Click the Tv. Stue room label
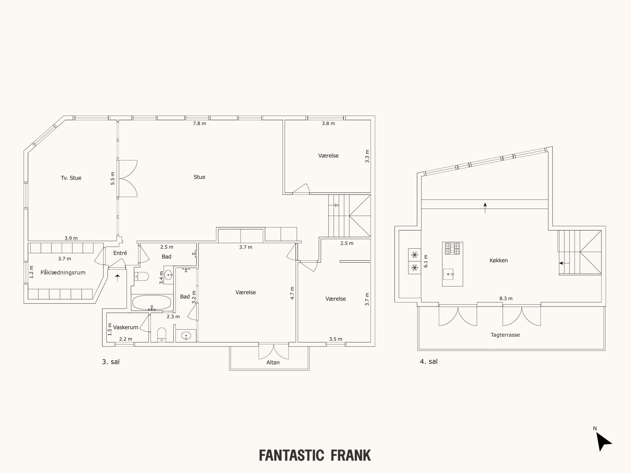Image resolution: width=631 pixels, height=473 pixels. click(71, 178)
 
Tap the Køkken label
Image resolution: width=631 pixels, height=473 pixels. click(498, 260)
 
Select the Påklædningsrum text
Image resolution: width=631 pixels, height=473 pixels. click(63, 273)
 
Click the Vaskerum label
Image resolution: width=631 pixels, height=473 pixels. click(125, 327)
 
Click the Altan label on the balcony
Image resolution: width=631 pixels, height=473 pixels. click(273, 362)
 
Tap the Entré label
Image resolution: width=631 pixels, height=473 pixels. click(120, 253)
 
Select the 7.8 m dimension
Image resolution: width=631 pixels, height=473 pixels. click(199, 123)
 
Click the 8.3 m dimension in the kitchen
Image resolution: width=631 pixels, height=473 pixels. click(506, 298)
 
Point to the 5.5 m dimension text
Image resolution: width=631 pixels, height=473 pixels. click(113, 178)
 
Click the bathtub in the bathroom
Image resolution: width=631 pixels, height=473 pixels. click(152, 302)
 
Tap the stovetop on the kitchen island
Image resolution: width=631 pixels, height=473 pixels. click(452, 248)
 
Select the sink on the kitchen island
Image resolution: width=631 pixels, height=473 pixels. click(448, 274)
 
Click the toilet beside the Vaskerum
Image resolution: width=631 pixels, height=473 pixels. click(162, 334)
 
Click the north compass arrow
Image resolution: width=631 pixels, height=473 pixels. click(603, 442)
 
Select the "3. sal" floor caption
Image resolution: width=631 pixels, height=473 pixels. click(111, 362)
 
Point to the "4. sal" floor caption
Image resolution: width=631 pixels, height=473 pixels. click(428, 362)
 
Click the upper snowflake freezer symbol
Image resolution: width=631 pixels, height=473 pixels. click(415, 255)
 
